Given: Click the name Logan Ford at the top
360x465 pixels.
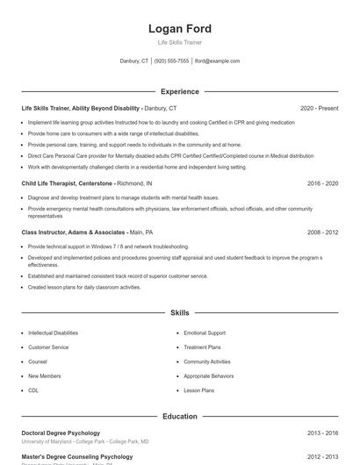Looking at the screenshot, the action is point(179,29).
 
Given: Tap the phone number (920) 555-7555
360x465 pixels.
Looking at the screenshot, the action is point(171,61).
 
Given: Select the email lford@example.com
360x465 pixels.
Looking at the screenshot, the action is point(217,61).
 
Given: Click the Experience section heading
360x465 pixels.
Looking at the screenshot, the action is point(179,91).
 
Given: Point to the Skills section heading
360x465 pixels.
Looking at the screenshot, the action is point(179,312).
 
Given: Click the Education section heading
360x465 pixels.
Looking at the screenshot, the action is point(179,416).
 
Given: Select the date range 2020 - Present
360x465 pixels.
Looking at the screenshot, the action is point(319,108).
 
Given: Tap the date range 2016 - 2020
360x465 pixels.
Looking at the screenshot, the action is point(322,183).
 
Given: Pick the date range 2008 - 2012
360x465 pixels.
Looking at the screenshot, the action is point(322,232).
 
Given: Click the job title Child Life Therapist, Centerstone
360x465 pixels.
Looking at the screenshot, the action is point(68,183).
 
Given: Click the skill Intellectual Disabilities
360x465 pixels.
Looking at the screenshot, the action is point(53,333).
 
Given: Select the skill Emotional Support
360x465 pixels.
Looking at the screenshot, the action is point(204,333).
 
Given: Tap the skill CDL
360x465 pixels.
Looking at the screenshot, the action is point(33,390).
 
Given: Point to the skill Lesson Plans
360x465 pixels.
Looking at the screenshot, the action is point(198,390).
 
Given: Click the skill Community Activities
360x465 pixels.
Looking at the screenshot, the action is point(207,361).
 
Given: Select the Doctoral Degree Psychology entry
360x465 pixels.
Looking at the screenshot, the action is point(61,433).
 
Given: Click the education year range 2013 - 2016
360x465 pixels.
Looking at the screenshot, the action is point(322,433).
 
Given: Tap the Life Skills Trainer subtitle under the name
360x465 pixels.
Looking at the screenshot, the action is point(179,43).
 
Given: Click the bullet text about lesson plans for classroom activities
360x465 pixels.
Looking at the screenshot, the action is point(84,287).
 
